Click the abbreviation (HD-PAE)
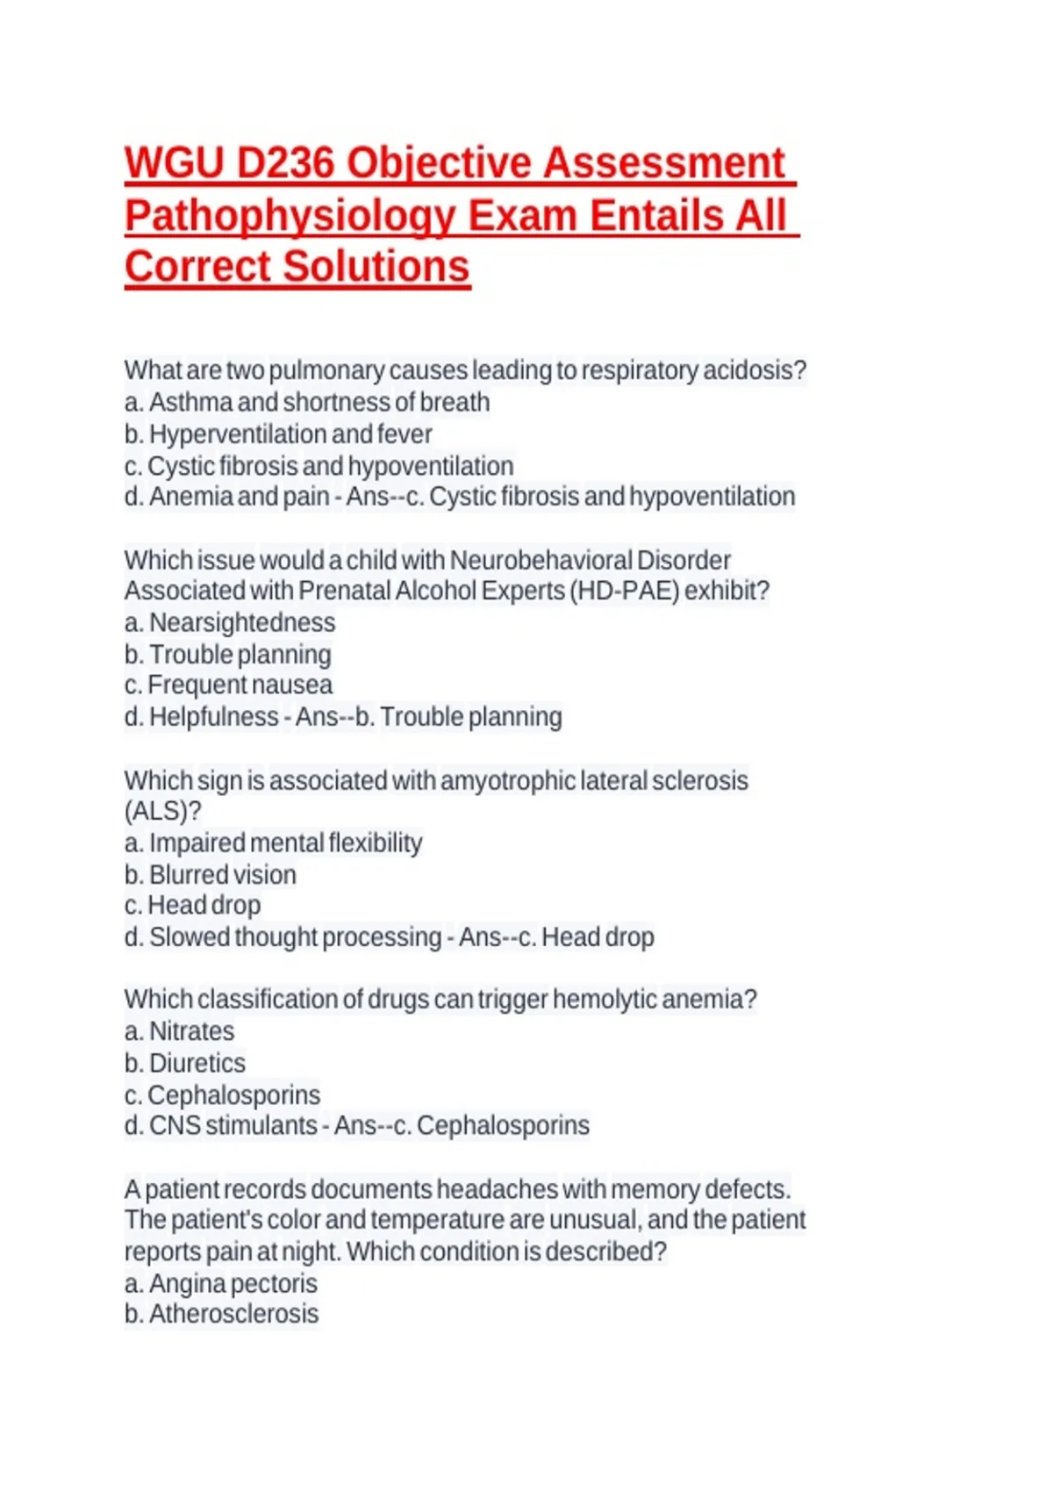tap(624, 591)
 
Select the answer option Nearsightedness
tap(242, 622)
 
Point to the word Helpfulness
tap(213, 717)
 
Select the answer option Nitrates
tap(191, 1031)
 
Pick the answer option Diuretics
tap(197, 1063)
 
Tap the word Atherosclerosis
tap(233, 1314)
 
